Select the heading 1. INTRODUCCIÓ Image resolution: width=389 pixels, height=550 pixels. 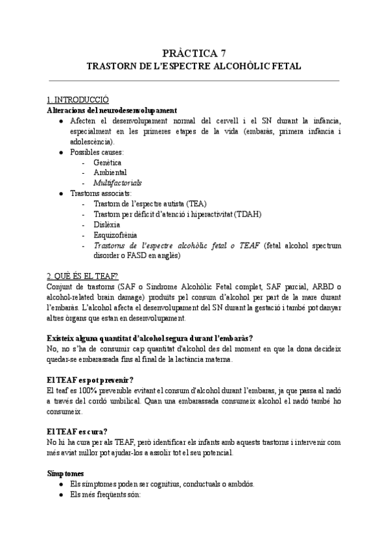pos(78,101)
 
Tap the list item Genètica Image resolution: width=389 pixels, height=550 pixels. pos(107,163)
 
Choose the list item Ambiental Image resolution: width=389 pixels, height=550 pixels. pos(110,173)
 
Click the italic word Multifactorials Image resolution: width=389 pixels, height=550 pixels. pos(117,183)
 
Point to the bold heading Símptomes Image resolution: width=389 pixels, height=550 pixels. pos(65,473)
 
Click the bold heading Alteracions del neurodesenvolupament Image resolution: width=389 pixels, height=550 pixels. pos(112,111)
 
